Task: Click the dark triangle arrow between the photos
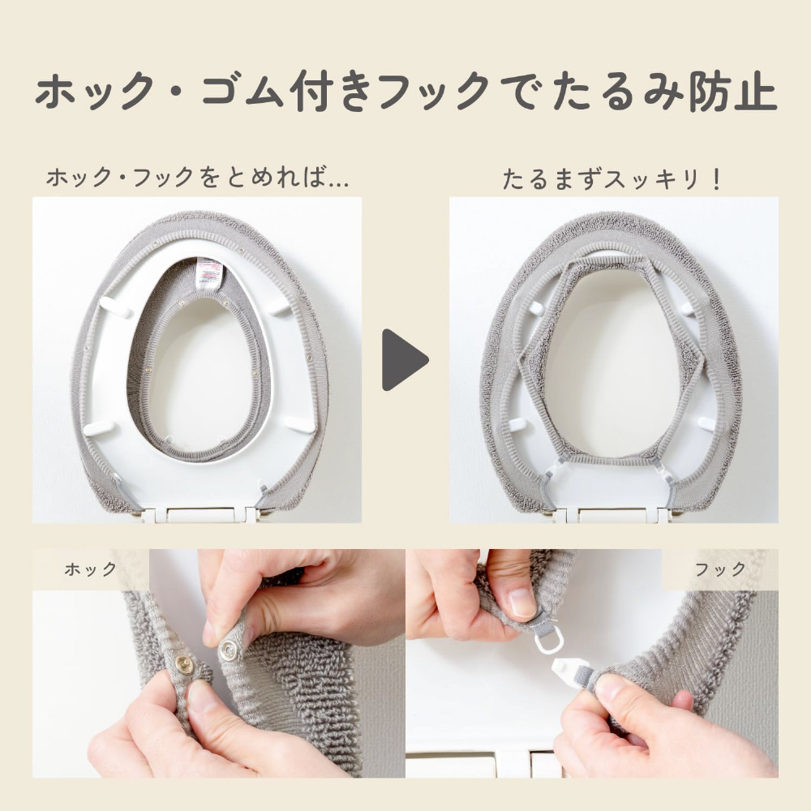click(x=403, y=360)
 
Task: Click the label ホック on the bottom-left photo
click(x=91, y=569)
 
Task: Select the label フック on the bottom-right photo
click(x=720, y=569)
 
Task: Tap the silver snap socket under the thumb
click(x=228, y=650)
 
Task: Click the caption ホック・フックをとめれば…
click(x=198, y=178)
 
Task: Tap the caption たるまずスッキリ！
click(x=611, y=179)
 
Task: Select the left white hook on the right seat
click(x=555, y=468)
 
